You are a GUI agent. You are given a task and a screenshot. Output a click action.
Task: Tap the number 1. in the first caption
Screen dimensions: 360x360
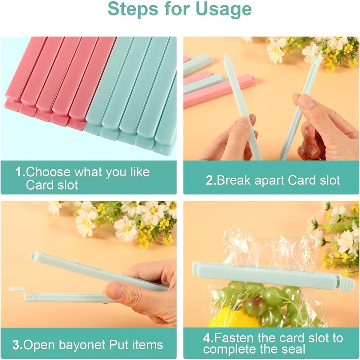(20, 172)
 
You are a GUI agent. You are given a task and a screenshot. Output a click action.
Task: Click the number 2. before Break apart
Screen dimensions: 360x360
(211, 181)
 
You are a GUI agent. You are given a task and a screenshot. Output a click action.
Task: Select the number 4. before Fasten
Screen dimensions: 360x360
(208, 338)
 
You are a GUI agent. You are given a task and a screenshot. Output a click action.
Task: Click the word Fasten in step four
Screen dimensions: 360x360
(236, 338)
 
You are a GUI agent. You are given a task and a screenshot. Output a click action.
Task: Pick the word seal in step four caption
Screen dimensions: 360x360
(293, 349)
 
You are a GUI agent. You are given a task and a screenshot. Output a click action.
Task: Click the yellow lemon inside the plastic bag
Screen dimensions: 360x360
(225, 317)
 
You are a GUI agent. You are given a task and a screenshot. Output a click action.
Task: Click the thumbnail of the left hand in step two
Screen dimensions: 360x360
(242, 122)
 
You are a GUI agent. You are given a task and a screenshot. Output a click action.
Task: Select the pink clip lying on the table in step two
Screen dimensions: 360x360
(220, 92)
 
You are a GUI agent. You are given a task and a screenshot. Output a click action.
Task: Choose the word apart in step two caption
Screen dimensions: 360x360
(270, 181)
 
